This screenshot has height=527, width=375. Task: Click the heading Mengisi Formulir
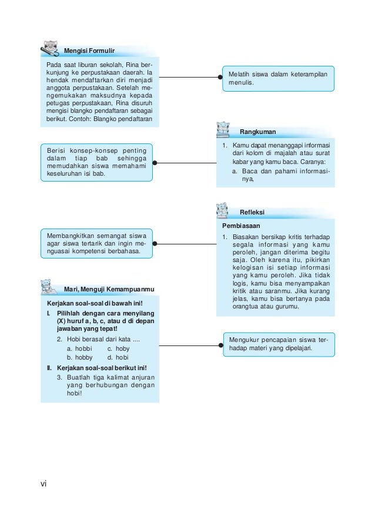pyautogui.click(x=89, y=51)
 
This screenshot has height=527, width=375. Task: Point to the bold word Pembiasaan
pyautogui.click(x=241, y=225)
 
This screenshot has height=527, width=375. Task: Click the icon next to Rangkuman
pyautogui.click(x=223, y=129)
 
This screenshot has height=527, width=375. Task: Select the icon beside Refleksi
pyautogui.click(x=222, y=210)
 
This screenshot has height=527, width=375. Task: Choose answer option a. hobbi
pyautogui.click(x=76, y=348)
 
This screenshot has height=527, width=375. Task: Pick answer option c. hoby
pyautogui.click(x=118, y=348)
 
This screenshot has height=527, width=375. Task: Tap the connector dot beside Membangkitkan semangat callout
pyautogui.click(x=159, y=243)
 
